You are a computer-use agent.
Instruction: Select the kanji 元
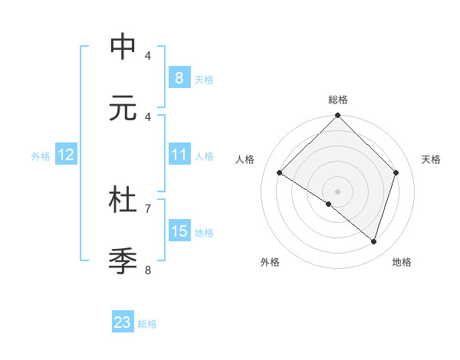click(x=123, y=108)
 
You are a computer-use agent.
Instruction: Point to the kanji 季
click(x=123, y=260)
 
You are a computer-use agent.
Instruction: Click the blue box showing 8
click(x=179, y=78)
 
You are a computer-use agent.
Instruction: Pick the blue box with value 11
click(x=179, y=155)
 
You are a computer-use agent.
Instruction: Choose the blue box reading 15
click(x=179, y=231)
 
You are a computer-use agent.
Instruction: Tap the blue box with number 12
click(x=65, y=155)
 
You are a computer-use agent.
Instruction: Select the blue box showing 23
click(x=123, y=322)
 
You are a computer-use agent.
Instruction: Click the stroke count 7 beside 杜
click(x=148, y=208)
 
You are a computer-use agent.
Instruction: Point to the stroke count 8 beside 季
click(x=148, y=269)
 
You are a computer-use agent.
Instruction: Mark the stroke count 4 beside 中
click(x=148, y=55)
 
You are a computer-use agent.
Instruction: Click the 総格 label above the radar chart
click(x=338, y=100)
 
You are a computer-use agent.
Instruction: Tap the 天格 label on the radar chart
click(x=432, y=159)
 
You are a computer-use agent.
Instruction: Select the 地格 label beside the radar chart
click(x=402, y=262)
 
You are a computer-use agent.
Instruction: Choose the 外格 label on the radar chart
click(x=270, y=262)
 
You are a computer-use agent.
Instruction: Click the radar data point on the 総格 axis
click(x=338, y=116)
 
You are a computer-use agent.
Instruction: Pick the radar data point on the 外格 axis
click(x=329, y=204)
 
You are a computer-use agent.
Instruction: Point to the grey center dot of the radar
click(x=338, y=191)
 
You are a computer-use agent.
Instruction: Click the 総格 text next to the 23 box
click(x=147, y=324)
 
